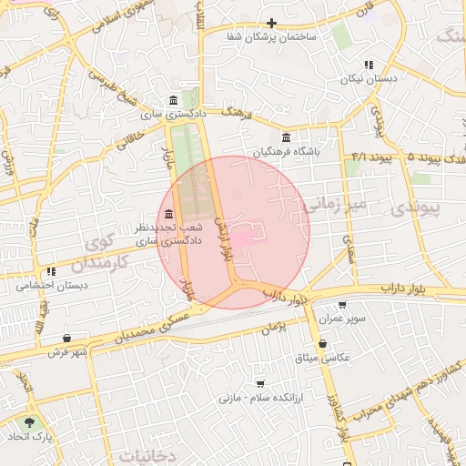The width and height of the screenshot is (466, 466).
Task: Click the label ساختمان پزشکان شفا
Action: (x=273, y=38)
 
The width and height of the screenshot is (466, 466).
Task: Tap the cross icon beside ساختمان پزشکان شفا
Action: (x=271, y=23)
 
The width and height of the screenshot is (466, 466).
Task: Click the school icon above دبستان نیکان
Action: (x=369, y=65)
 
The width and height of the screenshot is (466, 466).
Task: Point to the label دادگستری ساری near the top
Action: (x=164, y=116)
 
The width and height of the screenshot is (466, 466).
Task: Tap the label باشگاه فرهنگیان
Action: (x=288, y=151)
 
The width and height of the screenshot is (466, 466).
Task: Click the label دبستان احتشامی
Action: (x=52, y=285)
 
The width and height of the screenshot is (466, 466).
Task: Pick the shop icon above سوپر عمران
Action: (x=342, y=305)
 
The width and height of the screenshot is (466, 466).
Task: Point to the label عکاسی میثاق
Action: (x=323, y=357)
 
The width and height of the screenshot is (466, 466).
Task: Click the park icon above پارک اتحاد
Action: (x=30, y=421)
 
